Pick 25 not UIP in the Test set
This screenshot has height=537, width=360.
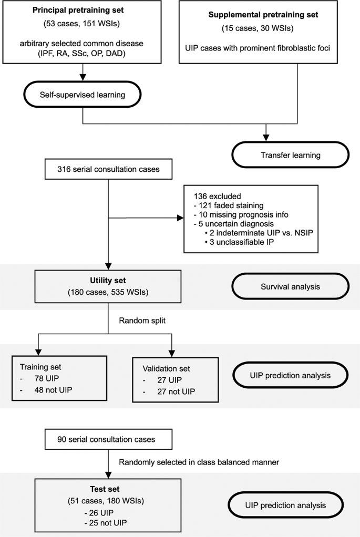(108, 523)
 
